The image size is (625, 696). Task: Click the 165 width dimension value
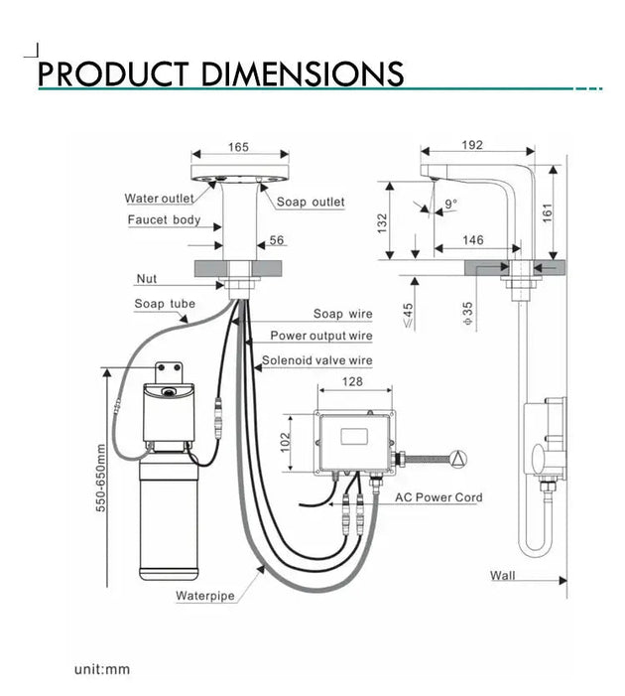point(238,147)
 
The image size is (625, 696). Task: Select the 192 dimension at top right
point(472,145)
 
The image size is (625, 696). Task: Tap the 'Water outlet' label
point(159,199)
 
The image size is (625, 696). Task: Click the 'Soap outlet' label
point(311,203)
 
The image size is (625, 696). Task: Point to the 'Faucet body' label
point(164,220)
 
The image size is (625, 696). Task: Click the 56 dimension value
point(277,241)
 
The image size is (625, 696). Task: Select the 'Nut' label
point(146,279)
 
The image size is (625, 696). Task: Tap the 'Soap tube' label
point(165,304)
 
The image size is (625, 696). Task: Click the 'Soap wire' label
point(343,315)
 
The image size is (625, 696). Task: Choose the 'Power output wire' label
point(321,337)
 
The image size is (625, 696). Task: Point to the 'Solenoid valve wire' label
point(317,361)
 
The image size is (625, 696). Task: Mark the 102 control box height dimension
point(287,440)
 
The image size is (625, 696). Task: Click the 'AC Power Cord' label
point(439,497)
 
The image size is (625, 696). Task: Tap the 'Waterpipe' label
point(205,597)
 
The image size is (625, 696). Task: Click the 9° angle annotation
point(451,205)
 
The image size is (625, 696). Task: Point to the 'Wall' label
point(503,576)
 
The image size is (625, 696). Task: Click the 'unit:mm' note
point(102,669)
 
